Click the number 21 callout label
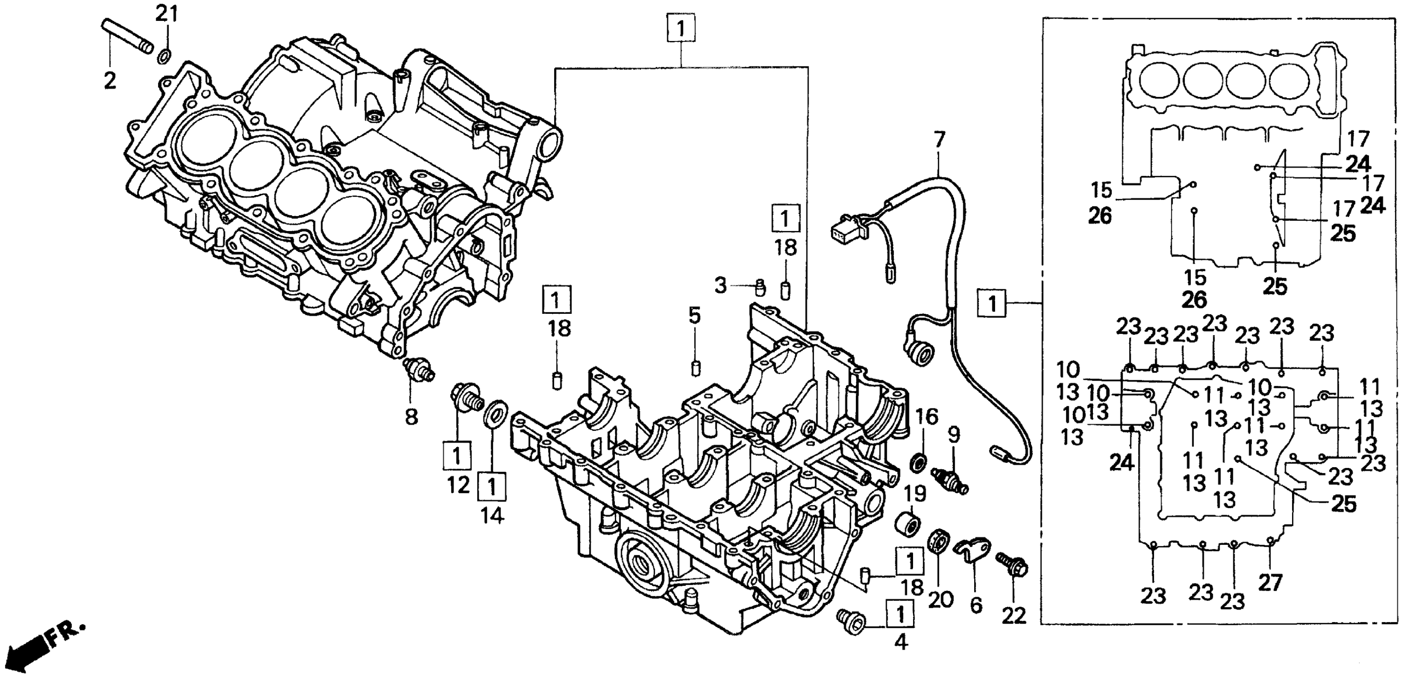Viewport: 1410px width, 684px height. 167,13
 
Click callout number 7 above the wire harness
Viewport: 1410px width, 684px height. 939,140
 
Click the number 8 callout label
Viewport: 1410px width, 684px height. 411,417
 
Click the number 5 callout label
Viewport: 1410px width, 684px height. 695,316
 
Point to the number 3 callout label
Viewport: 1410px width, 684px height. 720,285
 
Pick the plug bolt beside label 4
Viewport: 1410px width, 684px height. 849,622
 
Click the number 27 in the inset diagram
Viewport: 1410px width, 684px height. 1270,584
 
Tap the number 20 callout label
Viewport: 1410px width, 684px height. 941,600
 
